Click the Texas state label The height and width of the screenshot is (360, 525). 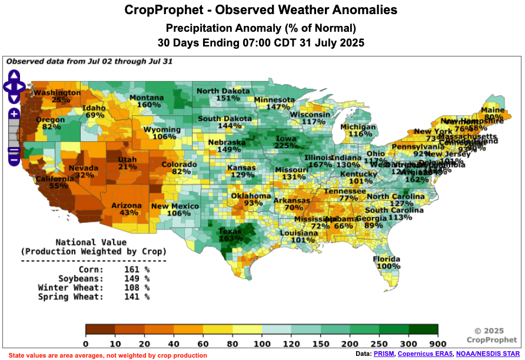pyautogui.click(x=231, y=231)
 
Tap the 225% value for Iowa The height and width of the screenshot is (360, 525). pyautogui.click(x=286, y=146)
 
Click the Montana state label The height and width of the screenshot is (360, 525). pyautogui.click(x=147, y=98)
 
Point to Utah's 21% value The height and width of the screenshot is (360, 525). pyautogui.click(x=127, y=167)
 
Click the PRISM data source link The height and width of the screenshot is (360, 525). pyautogui.click(x=384, y=354)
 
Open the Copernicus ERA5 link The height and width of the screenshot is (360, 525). pyautogui.click(x=426, y=354)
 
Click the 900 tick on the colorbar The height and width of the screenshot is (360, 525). pyautogui.click(x=437, y=344)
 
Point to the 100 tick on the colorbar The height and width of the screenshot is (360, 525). pyautogui.click(x=261, y=344)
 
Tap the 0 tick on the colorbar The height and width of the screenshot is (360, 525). pyautogui.click(x=86, y=344)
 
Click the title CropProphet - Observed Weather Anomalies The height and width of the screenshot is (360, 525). pyautogui.click(x=261, y=10)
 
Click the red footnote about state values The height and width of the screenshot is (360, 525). pyautogui.click(x=108, y=355)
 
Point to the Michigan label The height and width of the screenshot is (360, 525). pyautogui.click(x=357, y=127)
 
